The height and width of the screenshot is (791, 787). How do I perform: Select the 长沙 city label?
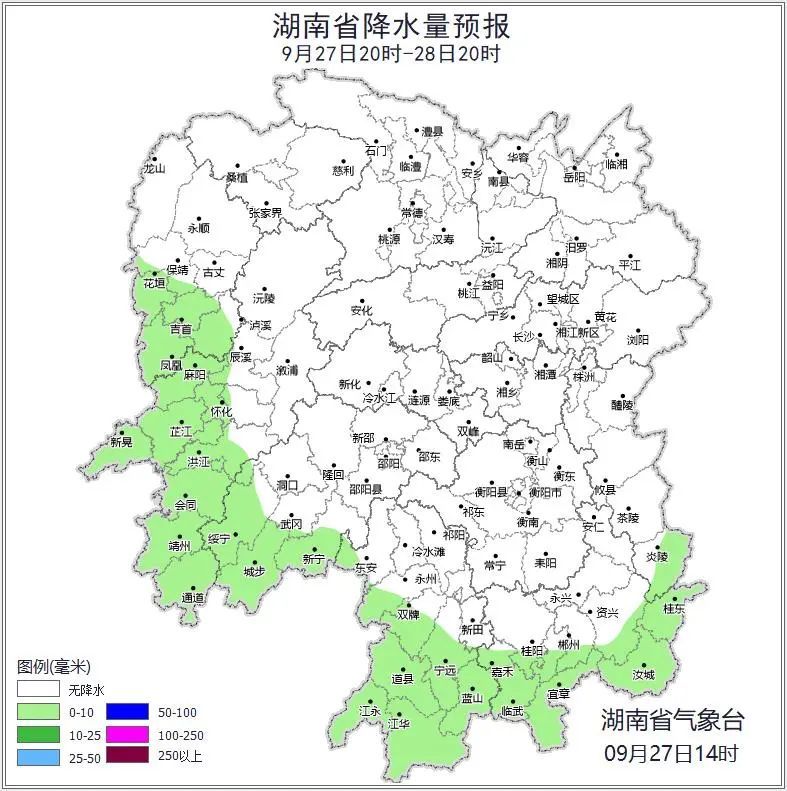pyautogui.click(x=523, y=337)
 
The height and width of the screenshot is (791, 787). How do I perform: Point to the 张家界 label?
pyautogui.click(x=265, y=213)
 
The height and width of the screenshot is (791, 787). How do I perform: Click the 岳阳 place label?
pyautogui.click(x=574, y=178)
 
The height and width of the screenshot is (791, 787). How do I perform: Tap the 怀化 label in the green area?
pyautogui.click(x=220, y=412)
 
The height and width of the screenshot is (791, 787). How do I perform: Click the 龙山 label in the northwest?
pyautogui.click(x=153, y=169)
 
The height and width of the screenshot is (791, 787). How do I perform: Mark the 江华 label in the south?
pyautogui.click(x=399, y=722)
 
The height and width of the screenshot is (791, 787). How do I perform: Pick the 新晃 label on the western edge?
pyautogui.click(x=121, y=442)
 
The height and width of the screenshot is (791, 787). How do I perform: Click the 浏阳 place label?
pyautogui.click(x=637, y=340)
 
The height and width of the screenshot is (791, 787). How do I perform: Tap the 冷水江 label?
pyautogui.click(x=379, y=398)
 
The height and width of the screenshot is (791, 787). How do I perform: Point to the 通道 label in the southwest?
pyautogui.click(x=193, y=598)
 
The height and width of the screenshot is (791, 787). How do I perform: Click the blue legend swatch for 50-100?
pyautogui.click(x=132, y=712)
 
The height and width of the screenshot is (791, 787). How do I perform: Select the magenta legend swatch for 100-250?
pyautogui.click(x=132, y=734)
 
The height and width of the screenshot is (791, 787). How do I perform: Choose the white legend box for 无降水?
pyautogui.click(x=39, y=690)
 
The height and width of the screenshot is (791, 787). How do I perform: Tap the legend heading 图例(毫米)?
pyautogui.click(x=54, y=667)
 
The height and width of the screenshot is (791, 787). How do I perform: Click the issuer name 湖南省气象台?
pyautogui.click(x=672, y=719)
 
